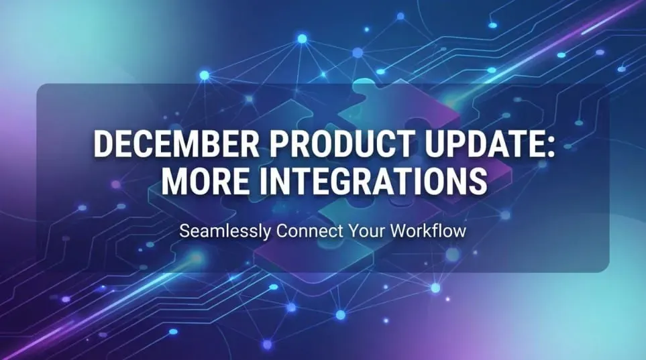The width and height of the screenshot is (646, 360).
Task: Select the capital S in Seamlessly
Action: [184, 232]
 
